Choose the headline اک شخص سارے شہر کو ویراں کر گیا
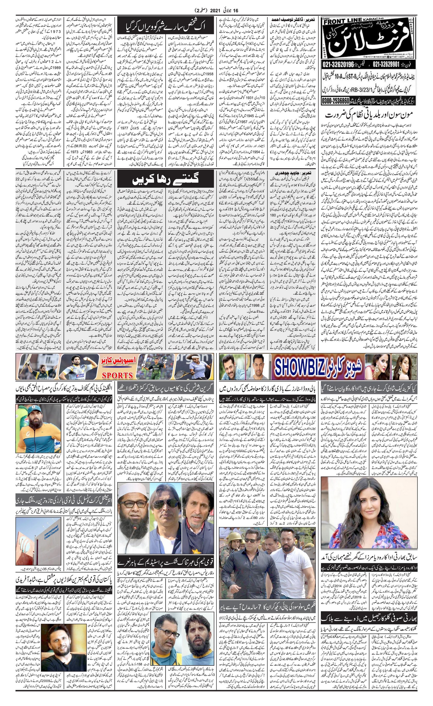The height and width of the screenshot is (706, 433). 165,28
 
